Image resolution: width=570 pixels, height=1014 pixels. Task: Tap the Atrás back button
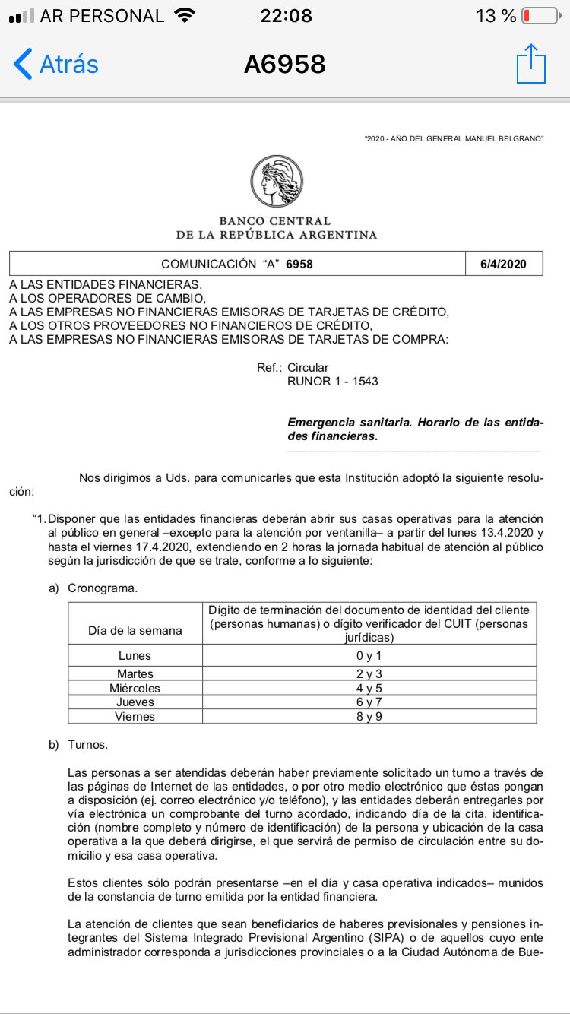coord(56,64)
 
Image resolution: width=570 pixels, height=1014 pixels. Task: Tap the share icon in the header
coord(531,64)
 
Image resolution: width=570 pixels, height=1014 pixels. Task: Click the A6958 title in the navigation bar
coord(284,65)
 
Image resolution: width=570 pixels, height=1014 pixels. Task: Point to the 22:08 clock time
coord(285,16)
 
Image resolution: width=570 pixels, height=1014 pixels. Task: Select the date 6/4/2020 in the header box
coord(503,264)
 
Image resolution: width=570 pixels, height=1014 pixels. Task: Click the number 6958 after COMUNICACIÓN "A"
coord(299,264)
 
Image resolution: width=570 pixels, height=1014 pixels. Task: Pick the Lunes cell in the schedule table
coord(135,655)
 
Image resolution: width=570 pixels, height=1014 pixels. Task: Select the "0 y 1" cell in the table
coord(370,655)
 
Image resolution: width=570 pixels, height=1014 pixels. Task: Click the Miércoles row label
coord(135,688)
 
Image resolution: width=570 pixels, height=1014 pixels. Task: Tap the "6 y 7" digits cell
coord(370,702)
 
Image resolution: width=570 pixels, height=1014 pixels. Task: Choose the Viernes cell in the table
coord(135,716)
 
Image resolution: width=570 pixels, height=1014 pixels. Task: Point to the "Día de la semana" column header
coord(135,630)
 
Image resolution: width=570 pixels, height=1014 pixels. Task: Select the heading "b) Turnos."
coord(79,744)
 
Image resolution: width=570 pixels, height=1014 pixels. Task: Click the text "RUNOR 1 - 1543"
coord(332,381)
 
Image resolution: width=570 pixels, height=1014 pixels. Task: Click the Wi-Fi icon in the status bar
coord(183,16)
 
